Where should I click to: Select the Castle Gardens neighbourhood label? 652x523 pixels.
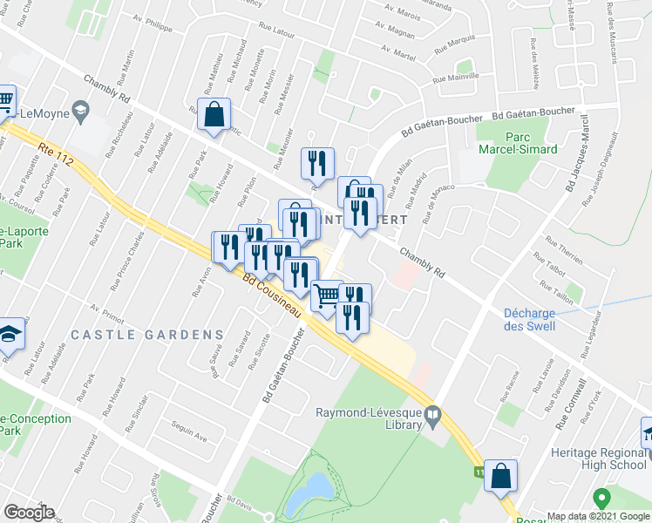tap(147, 335)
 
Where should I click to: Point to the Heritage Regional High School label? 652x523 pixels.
tap(599, 460)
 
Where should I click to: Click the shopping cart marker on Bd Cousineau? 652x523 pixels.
tap(327, 296)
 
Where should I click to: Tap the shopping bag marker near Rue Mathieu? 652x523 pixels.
tap(214, 114)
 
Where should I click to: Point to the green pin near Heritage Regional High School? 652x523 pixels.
tap(600, 499)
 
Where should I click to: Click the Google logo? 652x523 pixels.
tap(29, 513)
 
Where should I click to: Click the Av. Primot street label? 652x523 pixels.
tap(108, 311)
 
